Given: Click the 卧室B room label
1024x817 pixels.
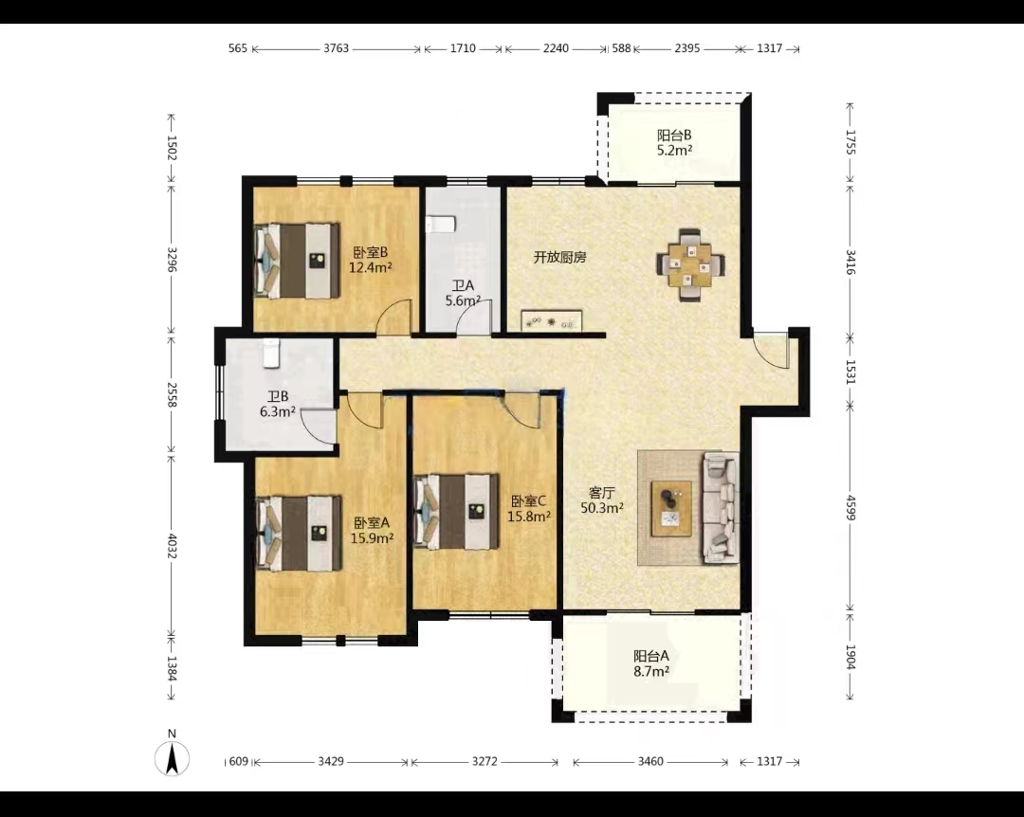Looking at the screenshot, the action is click(371, 252).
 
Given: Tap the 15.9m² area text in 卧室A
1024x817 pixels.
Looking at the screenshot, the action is click(372, 538).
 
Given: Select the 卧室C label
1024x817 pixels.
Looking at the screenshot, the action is click(528, 501).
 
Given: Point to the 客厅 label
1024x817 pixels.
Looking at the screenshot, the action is click(601, 493).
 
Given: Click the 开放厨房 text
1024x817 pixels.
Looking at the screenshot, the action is click(559, 257).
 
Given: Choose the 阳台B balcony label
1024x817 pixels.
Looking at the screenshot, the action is click(674, 136).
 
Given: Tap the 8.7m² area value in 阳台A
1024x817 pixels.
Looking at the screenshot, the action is click(651, 671).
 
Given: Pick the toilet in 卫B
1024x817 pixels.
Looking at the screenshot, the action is click(270, 354).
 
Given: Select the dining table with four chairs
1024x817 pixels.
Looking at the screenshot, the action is click(690, 264).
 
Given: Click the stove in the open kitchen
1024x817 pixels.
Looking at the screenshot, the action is click(551, 320).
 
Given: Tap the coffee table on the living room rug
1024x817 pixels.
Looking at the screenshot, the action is click(671, 509).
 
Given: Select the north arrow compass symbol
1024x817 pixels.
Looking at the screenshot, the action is click(172, 757).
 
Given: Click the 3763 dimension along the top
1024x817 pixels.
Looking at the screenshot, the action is click(337, 48).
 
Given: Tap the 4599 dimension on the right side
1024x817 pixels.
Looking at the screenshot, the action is click(850, 507).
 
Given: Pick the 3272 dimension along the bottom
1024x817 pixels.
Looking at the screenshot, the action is click(485, 761).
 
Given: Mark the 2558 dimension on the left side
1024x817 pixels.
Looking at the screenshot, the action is click(172, 394).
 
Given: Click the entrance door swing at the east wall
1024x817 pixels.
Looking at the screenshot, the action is click(771, 353).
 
